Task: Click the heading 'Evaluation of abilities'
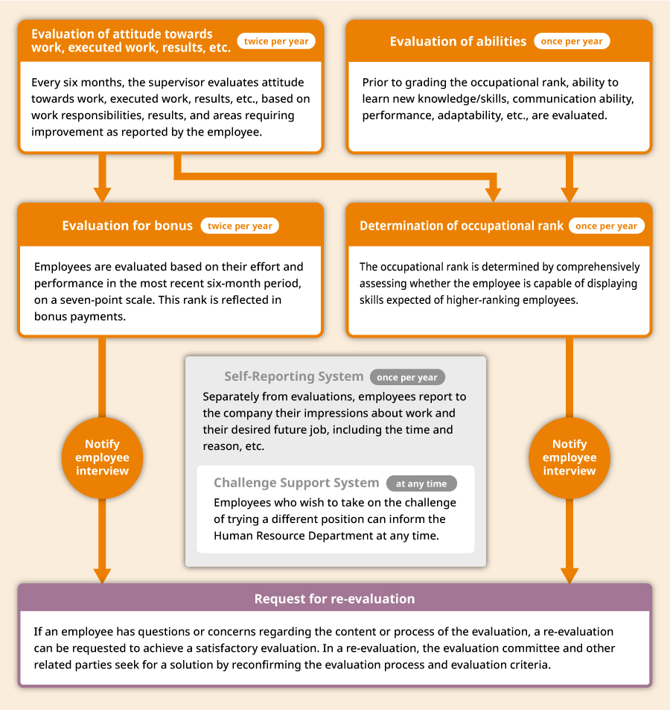coord(458,41)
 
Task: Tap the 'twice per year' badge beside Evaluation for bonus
coord(240,226)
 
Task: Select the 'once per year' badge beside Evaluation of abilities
coord(572,41)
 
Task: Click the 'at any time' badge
coord(421,484)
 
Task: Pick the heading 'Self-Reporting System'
coord(293,376)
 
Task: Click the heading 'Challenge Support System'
coord(296,483)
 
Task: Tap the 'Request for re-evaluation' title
coord(334,598)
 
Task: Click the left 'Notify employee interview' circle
coord(102,457)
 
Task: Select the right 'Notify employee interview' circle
coord(569,457)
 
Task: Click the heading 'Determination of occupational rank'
coord(462,226)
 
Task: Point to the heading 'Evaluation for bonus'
coord(127,226)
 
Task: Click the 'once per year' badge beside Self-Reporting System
coord(407,377)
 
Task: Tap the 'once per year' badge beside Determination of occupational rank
coord(606,226)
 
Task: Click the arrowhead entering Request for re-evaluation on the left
coord(102,576)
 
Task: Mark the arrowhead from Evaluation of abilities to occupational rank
coord(569,195)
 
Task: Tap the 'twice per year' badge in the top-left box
coord(276,41)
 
